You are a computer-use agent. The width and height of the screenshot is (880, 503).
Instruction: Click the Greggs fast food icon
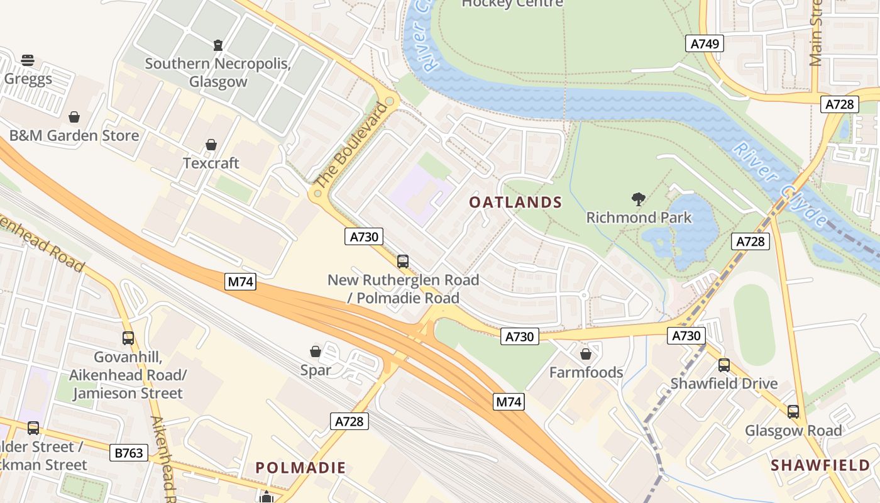click(28, 60)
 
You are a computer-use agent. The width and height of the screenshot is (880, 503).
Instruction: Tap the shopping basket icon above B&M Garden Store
click(74, 117)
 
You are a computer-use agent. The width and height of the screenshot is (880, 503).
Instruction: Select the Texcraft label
click(211, 163)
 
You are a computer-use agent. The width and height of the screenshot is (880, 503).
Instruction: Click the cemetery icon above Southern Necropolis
click(217, 45)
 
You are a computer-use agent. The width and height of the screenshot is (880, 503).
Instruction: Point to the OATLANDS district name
click(515, 202)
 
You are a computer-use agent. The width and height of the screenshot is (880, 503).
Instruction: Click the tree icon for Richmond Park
click(639, 200)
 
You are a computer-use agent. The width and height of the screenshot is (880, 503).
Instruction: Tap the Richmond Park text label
click(639, 218)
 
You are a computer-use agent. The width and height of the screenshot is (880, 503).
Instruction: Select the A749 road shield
click(704, 43)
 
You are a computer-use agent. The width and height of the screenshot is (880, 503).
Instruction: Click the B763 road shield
click(129, 452)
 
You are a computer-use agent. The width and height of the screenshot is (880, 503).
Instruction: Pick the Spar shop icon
click(316, 351)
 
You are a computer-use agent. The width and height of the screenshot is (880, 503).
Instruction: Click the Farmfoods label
click(586, 372)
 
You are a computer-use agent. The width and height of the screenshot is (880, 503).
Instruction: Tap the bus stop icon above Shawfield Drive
click(724, 365)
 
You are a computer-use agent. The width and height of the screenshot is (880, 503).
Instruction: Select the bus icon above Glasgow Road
click(793, 412)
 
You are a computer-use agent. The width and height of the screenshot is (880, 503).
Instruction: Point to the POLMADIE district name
click(300, 467)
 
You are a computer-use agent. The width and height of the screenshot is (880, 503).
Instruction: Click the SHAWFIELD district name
click(820, 465)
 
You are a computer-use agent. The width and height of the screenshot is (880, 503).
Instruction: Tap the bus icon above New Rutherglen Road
click(403, 262)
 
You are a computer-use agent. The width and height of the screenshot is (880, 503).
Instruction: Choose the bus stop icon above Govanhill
click(128, 338)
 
